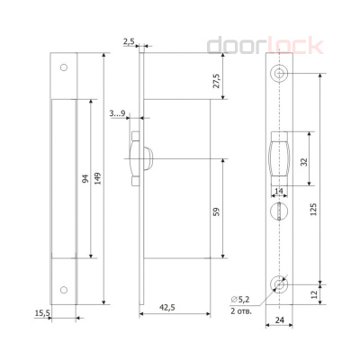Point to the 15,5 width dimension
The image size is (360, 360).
coord(42,313)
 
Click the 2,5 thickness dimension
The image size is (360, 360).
coord(130,42)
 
